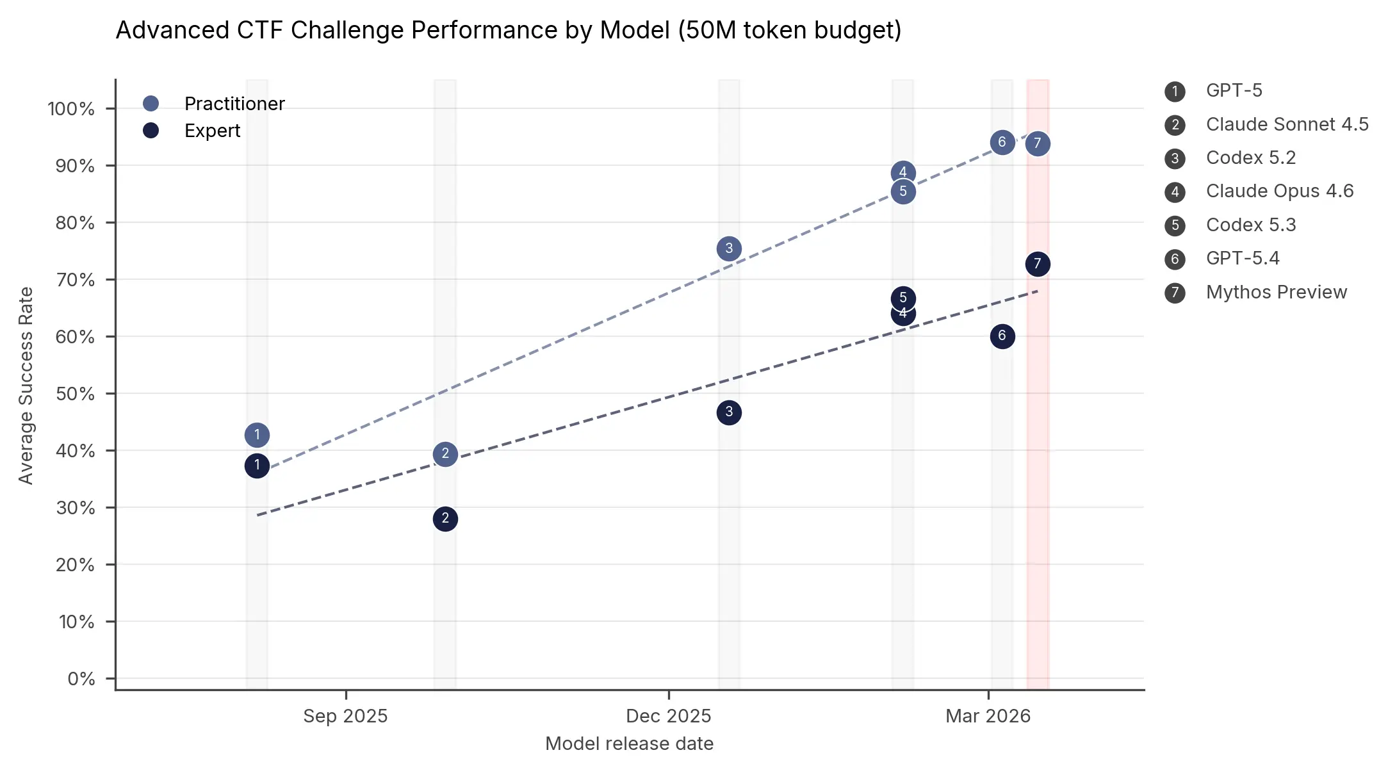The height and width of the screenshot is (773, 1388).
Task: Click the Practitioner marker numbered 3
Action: click(x=729, y=248)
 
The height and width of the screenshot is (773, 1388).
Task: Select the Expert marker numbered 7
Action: click(x=1038, y=264)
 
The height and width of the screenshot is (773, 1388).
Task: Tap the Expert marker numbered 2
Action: click(x=445, y=519)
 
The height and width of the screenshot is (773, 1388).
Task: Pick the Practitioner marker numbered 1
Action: click(x=257, y=435)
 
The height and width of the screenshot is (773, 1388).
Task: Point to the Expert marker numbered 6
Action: click(x=1002, y=336)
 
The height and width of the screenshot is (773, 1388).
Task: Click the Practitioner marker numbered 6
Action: click(x=1002, y=142)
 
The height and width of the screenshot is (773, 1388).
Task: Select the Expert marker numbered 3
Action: click(x=729, y=412)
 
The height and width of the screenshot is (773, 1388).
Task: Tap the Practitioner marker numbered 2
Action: click(x=445, y=454)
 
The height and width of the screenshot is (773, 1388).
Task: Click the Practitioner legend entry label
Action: click(x=234, y=104)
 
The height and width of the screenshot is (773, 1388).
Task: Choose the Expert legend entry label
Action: click(x=212, y=131)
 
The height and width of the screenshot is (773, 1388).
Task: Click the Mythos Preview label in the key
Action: click(x=1276, y=293)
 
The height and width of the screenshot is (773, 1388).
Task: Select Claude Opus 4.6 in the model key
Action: click(x=1279, y=191)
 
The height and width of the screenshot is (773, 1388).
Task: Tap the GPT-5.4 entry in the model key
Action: click(x=1242, y=259)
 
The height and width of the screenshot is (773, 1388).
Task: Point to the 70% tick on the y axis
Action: click(x=75, y=280)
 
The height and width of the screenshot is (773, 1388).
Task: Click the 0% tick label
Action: click(x=81, y=679)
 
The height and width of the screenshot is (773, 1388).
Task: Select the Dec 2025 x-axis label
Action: click(x=668, y=716)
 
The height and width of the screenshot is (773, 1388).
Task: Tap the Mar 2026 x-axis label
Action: click(x=988, y=716)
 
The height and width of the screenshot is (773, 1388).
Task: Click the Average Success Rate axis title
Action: click(x=26, y=386)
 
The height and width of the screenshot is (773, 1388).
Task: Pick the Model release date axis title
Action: click(x=629, y=744)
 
